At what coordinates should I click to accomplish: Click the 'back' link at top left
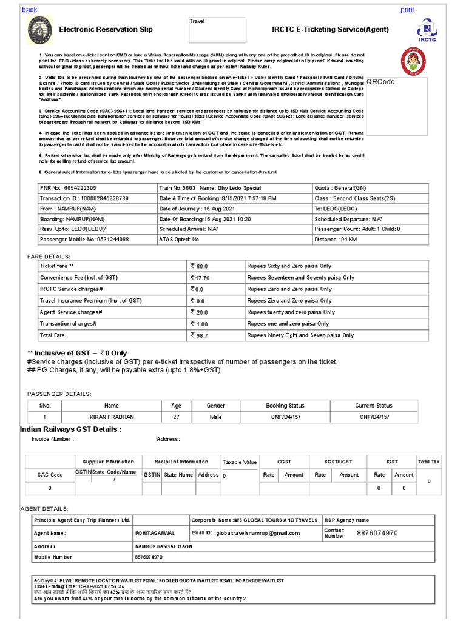[29, 10]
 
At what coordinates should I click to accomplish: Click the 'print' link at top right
[407, 10]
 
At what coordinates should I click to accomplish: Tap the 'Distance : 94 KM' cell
[336, 240]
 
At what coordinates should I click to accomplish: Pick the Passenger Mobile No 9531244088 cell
[84, 240]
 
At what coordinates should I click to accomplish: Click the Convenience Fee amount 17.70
[201, 278]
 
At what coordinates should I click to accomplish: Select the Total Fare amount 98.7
[200, 335]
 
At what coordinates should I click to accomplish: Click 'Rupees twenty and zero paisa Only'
[291, 312]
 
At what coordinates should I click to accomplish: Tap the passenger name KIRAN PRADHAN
[112, 417]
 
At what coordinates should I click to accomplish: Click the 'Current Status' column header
[374, 406]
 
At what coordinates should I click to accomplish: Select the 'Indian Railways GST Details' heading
[70, 429]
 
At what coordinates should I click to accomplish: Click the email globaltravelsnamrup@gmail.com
[258, 533]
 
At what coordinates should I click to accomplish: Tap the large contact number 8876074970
[377, 533]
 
